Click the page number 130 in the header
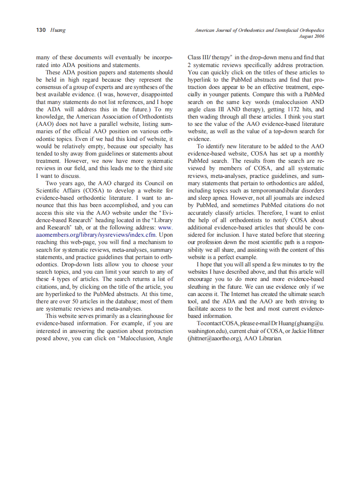click(x=41, y=31)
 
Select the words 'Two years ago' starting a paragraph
click(x=64, y=183)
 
